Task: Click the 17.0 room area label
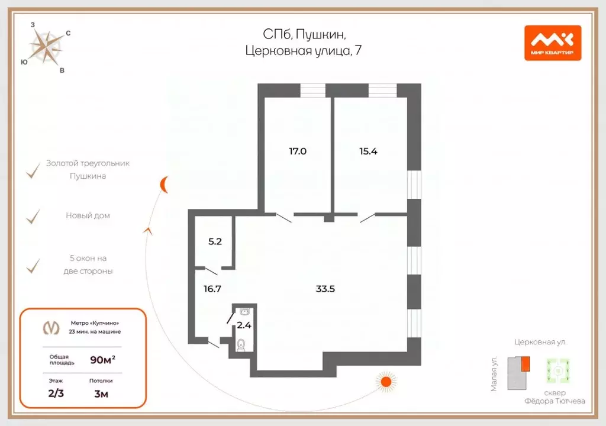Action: point(298,151)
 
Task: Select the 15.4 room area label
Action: point(368,151)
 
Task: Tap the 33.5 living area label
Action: point(325,289)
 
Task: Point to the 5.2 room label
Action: point(215,241)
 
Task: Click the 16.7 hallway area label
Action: point(212,289)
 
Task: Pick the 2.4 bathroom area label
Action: point(244,325)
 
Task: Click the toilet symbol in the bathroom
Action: point(241,345)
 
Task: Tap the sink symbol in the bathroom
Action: point(244,311)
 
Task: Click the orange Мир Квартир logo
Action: point(553,43)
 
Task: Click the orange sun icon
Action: point(386,382)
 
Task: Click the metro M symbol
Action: point(51,328)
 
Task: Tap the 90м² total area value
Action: point(103,360)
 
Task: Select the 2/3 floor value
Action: point(56,393)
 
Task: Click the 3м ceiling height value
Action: point(101,394)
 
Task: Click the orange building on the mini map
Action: point(525,364)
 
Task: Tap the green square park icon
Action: point(558,371)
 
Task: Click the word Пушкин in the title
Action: point(321,35)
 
